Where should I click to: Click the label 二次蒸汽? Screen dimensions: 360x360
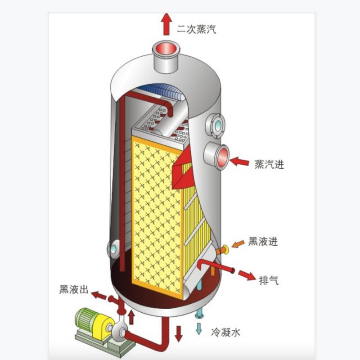pyautogui.click(x=196, y=30)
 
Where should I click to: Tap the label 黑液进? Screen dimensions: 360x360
pyautogui.click(x=263, y=242)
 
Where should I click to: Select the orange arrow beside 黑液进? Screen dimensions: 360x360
pyautogui.click(x=238, y=244)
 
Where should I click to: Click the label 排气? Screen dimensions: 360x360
pyautogui.click(x=269, y=280)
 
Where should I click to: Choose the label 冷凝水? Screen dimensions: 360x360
pyautogui.click(x=225, y=333)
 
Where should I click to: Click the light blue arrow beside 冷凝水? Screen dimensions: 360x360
pyautogui.click(x=198, y=328)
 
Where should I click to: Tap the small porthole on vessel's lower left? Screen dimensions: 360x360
pyautogui.click(x=112, y=248)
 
